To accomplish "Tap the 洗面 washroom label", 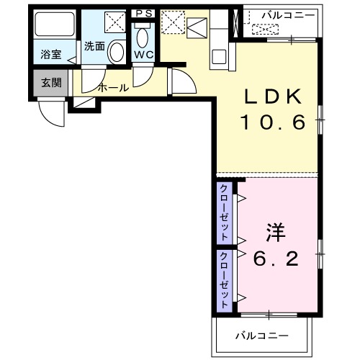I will [94, 46].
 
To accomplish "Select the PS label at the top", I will [143, 12].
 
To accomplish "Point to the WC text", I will [143, 54].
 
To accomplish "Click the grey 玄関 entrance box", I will [50, 82].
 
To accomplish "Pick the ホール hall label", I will [113, 88].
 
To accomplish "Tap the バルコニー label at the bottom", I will [264, 336].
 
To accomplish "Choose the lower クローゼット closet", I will [225, 279].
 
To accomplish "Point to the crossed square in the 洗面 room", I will [112, 22].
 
